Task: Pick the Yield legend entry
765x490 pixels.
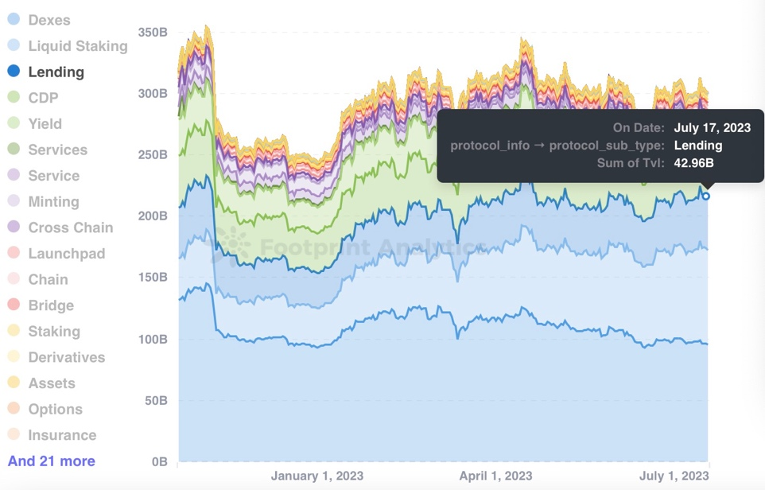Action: (x=45, y=123)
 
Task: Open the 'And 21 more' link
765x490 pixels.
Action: (x=52, y=461)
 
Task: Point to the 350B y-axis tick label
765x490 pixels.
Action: (x=152, y=33)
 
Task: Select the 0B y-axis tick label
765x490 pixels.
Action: (x=158, y=461)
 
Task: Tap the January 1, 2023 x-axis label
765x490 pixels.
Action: (x=316, y=476)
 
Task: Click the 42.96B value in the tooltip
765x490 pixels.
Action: (x=693, y=163)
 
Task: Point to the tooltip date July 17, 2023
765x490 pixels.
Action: (x=712, y=127)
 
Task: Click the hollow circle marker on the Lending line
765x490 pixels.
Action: (x=705, y=196)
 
